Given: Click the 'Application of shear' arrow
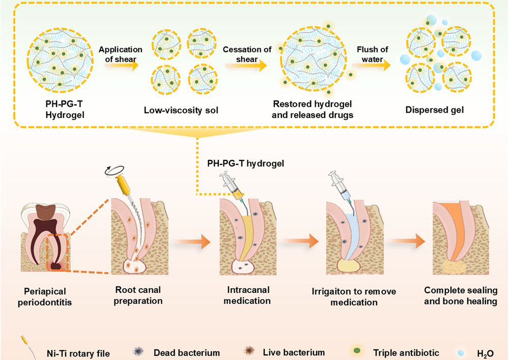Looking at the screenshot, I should coord(120,65).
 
